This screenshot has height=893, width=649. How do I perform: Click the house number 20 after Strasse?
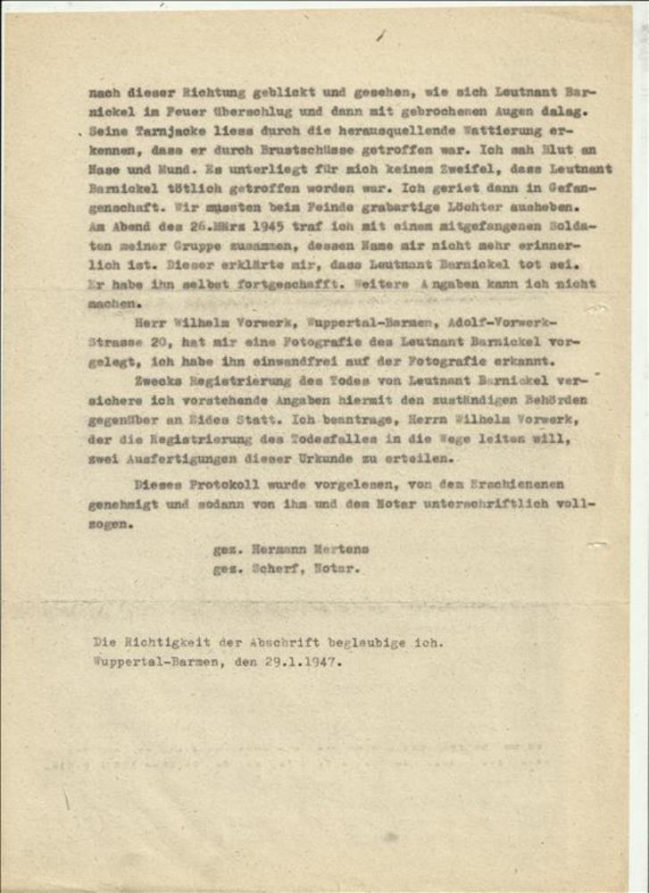[x=177, y=341]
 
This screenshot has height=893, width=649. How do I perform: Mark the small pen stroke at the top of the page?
[x=381, y=35]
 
